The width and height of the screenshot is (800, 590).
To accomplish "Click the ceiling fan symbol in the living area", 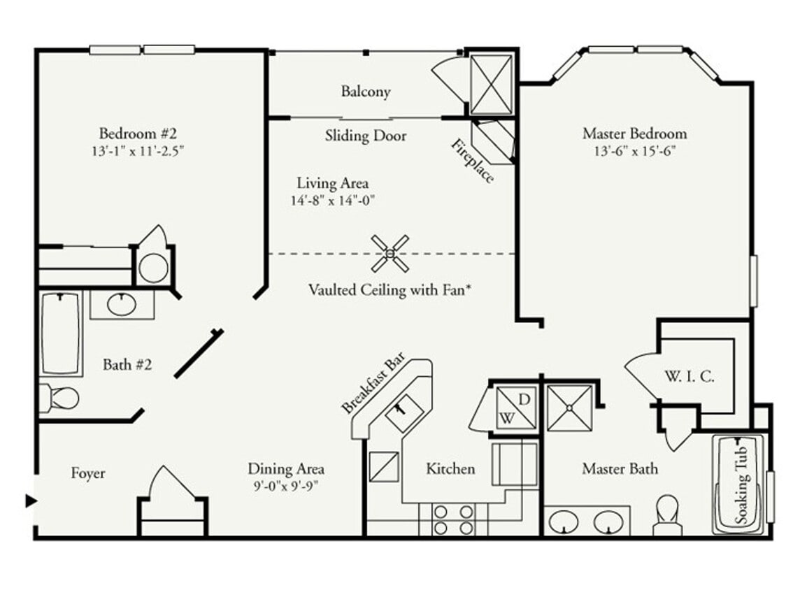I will (x=390, y=253).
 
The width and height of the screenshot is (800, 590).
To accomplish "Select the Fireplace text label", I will (x=473, y=161).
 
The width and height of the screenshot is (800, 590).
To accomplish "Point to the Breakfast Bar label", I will (x=369, y=387).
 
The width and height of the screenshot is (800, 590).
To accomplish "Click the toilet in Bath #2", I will (x=60, y=398).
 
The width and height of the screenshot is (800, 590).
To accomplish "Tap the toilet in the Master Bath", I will (x=667, y=515).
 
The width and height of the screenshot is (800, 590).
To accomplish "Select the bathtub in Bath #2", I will (x=62, y=333).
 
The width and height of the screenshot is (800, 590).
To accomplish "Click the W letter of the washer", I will (x=505, y=419).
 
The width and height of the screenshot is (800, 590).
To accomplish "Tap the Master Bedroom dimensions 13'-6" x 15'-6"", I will (x=635, y=150).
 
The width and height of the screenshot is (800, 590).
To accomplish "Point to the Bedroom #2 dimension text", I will (x=141, y=150).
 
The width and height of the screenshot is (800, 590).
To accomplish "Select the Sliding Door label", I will (x=365, y=136).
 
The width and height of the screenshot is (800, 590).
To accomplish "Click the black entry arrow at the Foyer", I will (x=31, y=501).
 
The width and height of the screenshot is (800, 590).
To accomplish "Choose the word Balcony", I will (x=366, y=92).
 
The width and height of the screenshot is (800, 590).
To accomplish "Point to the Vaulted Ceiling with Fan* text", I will (x=389, y=289).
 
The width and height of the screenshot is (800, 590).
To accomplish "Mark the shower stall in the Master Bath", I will (x=569, y=407).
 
